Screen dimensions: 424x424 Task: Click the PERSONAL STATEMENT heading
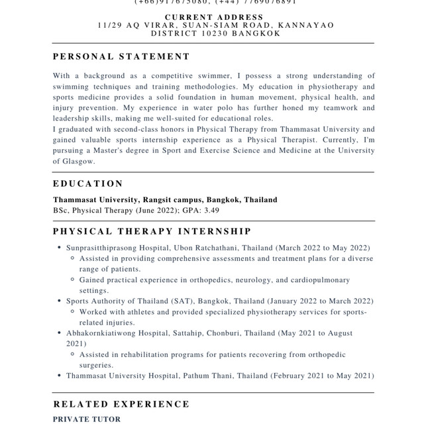tap(121, 57)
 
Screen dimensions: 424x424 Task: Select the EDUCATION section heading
tap(88, 184)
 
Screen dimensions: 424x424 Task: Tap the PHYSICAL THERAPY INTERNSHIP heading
tap(152, 231)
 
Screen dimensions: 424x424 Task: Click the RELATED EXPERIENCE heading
tap(121, 404)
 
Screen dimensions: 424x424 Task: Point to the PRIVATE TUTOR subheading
tap(87, 419)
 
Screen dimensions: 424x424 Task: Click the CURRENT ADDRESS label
tap(214, 17)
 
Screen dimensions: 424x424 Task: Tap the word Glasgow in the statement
tap(72, 161)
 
